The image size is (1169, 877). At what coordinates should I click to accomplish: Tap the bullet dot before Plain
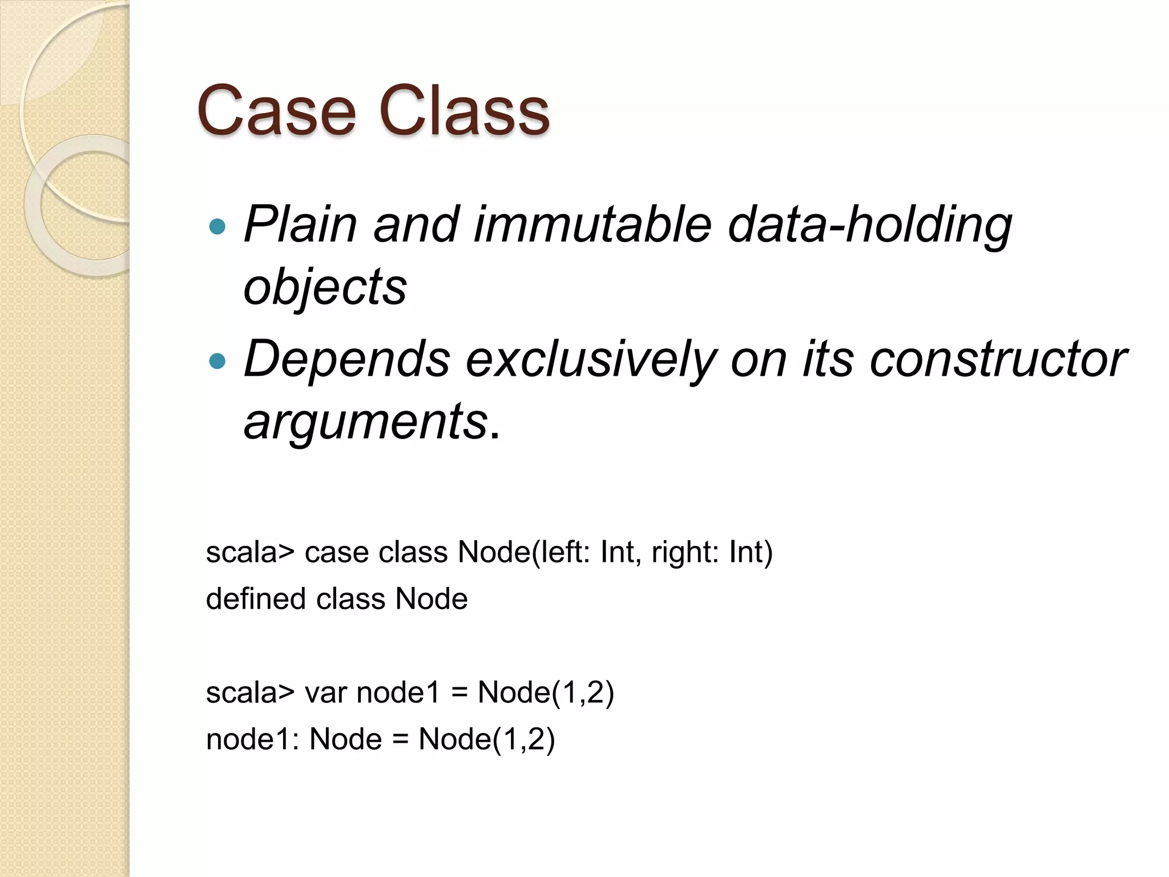pos(217,227)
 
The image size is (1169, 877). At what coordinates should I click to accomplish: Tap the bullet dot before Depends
pos(217,361)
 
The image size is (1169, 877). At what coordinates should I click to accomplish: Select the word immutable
pos(592,224)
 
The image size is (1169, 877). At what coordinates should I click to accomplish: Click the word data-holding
pos(869,225)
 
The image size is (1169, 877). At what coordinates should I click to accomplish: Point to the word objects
pos(325,287)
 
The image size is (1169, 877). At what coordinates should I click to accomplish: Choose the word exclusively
pos(591,360)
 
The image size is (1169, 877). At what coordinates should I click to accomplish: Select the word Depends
pos(346,360)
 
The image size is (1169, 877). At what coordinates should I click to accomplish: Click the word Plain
pos(300,224)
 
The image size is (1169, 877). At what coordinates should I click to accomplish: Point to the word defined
pos(256,599)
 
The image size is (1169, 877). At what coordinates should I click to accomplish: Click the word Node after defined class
pos(432,599)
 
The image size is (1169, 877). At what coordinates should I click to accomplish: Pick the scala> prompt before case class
pos(250,553)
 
